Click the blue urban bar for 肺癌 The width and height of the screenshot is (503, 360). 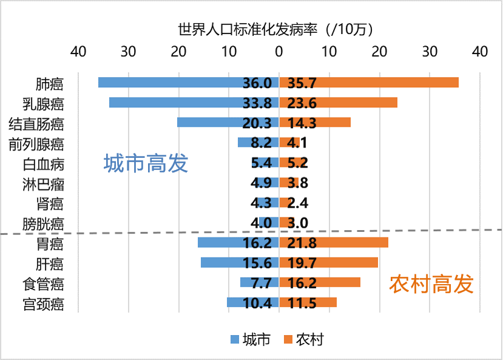pos(170,83)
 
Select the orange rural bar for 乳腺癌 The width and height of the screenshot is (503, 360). pos(358,103)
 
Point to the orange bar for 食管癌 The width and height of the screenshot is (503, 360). pos(340,282)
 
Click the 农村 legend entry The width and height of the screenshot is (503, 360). pos(303,339)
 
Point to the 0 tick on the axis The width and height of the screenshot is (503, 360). pos(279,52)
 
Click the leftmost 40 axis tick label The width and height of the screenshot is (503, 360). pos(78,52)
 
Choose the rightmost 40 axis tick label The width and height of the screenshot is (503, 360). pos(480,52)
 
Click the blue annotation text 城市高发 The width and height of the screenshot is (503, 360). pos(146,163)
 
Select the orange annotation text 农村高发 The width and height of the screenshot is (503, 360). pos(431,284)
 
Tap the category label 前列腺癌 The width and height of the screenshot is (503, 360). pos(36,144)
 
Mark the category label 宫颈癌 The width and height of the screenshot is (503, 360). pos(43,304)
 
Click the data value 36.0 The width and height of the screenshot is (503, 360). pos(257,83)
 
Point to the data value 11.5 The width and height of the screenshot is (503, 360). pos(302,303)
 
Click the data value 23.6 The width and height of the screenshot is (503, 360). pos(302,103)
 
